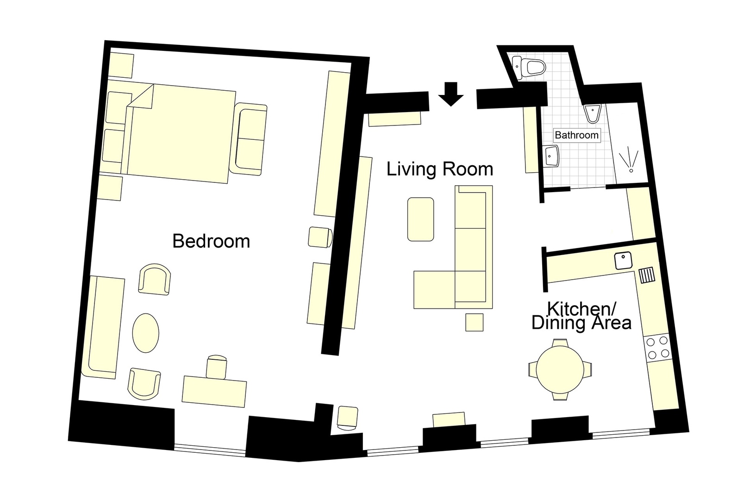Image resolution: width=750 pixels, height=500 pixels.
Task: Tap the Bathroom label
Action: [576, 135]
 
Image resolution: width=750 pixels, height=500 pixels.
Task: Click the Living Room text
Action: [440, 169]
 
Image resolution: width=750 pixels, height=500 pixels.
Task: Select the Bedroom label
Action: [211, 241]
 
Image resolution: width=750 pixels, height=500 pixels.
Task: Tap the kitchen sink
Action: [623, 261]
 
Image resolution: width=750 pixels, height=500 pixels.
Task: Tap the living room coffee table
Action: [421, 219]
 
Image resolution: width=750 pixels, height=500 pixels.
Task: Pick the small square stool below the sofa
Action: [475, 322]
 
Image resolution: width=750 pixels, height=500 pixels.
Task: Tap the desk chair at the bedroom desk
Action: [217, 365]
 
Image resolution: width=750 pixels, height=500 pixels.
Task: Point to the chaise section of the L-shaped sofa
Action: [434, 290]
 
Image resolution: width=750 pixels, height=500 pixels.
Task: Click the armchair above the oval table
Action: [154, 279]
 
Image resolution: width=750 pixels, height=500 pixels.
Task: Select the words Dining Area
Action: [581, 323]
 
